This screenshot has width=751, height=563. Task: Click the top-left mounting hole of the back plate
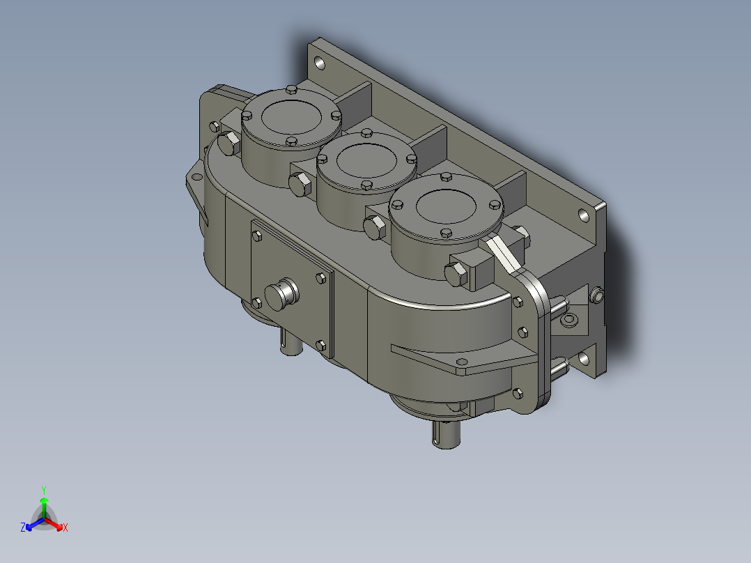[320, 64]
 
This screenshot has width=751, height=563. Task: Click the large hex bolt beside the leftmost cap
[229, 144]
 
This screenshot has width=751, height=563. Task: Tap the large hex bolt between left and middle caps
[300, 185]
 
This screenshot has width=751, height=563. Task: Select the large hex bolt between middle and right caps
[375, 227]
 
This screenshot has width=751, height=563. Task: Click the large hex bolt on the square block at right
[457, 273]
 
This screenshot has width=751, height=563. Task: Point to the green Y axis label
[43, 490]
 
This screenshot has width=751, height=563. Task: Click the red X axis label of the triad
[65, 528]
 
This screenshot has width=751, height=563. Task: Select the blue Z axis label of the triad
[23, 528]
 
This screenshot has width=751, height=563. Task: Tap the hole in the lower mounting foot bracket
[460, 362]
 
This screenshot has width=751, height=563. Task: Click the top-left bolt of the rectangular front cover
[256, 236]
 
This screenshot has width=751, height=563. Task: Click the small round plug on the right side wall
[597, 296]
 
